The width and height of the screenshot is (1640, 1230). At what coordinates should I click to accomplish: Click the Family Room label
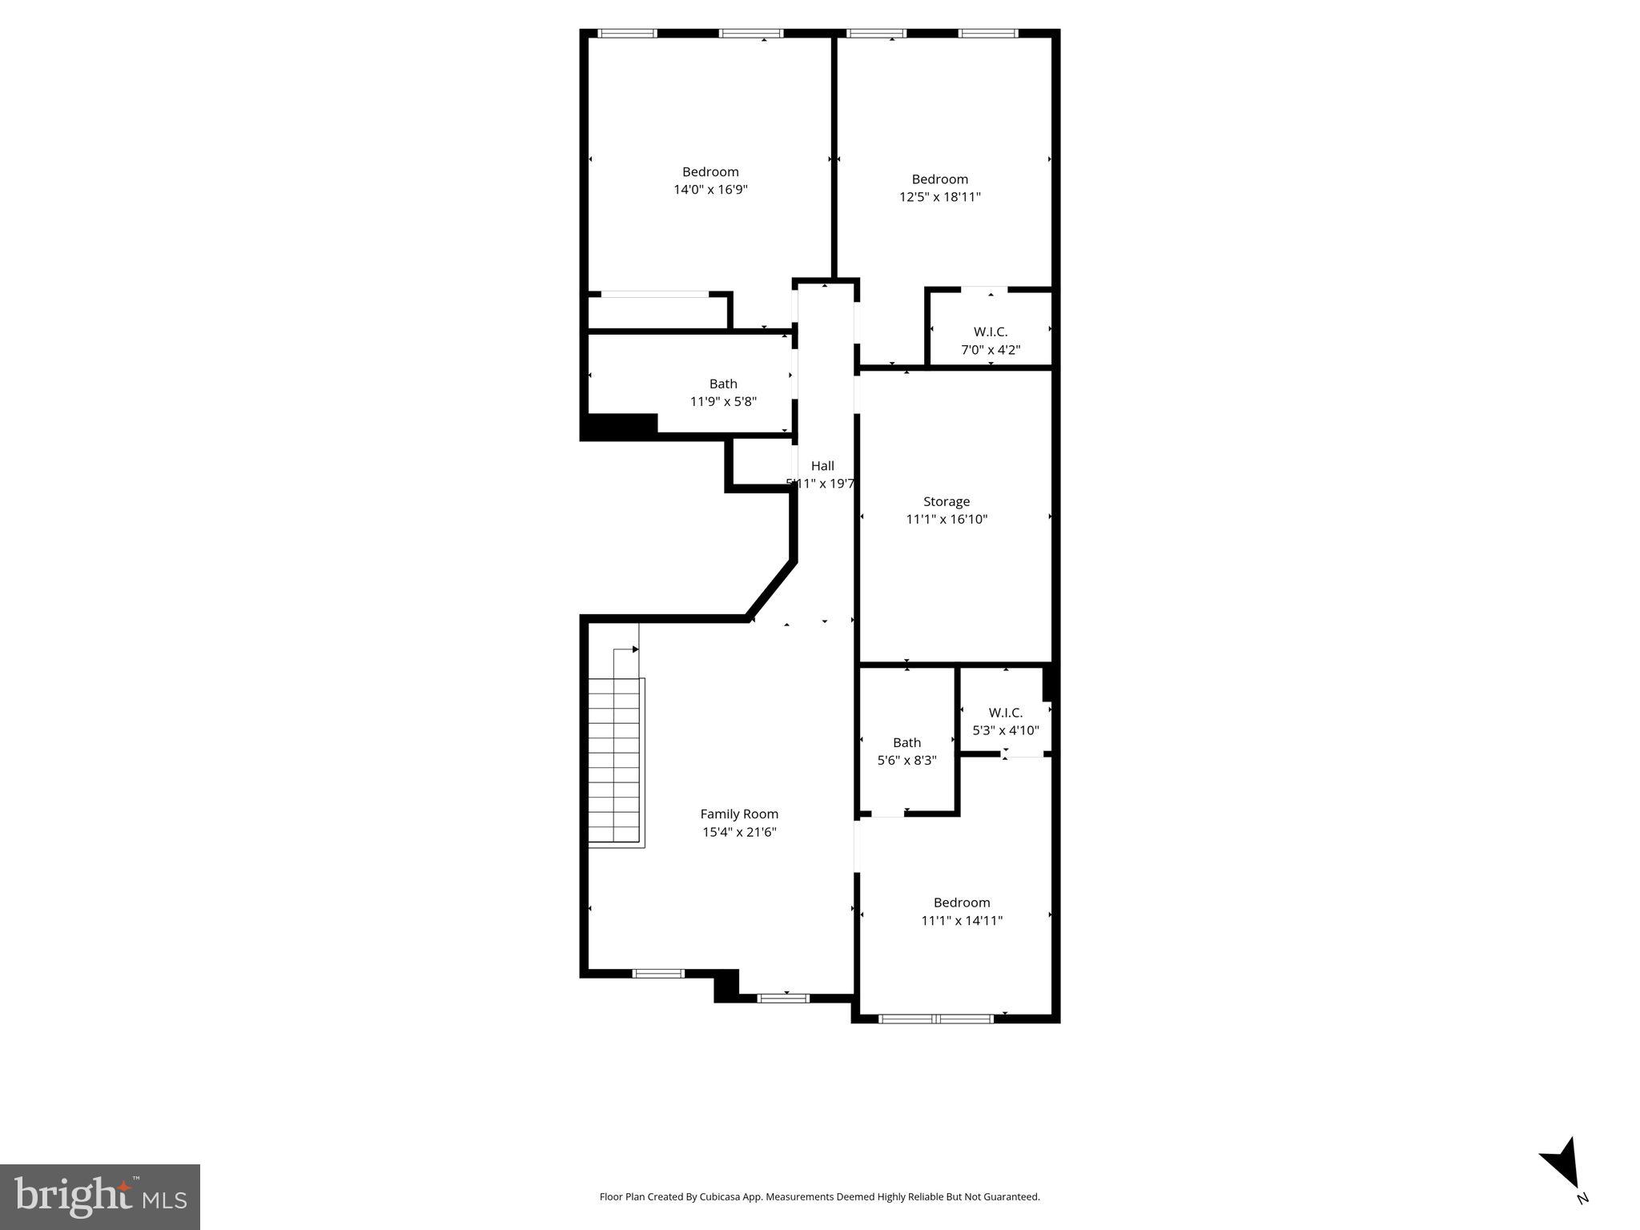739,814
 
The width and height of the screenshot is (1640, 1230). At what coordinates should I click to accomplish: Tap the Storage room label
947,501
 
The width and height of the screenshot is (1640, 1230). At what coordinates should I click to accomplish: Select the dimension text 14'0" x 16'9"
710,190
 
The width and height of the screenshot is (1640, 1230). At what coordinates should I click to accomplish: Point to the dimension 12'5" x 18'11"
939,197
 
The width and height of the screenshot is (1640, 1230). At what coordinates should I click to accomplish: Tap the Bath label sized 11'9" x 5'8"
723,384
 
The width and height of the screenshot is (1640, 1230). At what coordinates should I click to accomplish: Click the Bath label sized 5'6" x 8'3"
906,742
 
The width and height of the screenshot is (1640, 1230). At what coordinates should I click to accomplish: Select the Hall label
822,465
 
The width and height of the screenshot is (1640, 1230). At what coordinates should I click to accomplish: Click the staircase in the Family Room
615,761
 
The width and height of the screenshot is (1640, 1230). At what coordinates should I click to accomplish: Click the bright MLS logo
100,1196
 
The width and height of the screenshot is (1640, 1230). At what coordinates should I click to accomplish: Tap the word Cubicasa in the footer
718,1197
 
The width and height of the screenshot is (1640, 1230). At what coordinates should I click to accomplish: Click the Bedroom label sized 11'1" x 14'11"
962,902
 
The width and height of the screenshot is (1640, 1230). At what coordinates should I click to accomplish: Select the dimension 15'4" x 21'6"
739,832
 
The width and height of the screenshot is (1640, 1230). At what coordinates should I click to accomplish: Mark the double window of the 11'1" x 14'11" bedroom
936,1019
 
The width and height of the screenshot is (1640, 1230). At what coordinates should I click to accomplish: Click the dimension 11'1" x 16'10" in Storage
947,519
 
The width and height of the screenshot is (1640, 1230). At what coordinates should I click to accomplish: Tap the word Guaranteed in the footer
1011,1197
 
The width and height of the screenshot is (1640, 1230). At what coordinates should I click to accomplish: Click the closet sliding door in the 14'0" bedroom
654,295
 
